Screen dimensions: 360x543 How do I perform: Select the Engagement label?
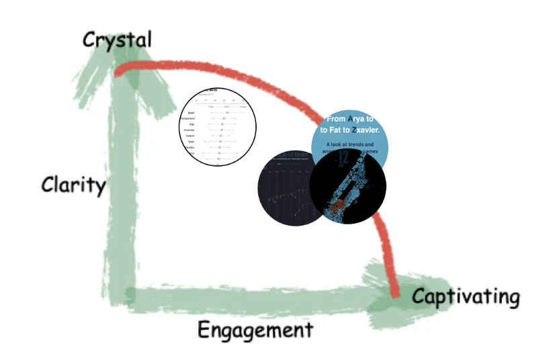click(x=255, y=330)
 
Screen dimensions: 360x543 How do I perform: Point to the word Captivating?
click(x=465, y=296)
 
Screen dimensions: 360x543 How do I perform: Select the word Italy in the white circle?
click(x=192, y=124)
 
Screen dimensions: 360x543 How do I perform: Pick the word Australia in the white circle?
click(x=190, y=130)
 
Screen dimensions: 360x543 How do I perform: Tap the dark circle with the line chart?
click(x=286, y=188)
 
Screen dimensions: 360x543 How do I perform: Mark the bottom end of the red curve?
click(x=394, y=293)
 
